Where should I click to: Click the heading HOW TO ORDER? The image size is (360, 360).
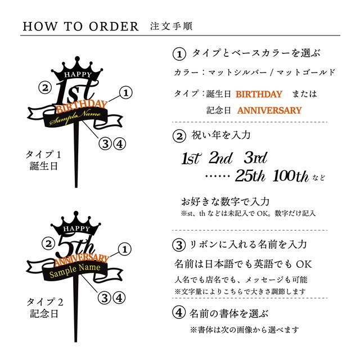(x=81, y=26)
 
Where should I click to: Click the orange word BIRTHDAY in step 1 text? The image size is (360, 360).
(x=259, y=94)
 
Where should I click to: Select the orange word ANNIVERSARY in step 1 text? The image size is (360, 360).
(x=269, y=110)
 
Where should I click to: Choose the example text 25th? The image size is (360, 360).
(x=250, y=176)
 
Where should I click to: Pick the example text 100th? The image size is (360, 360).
(x=290, y=177)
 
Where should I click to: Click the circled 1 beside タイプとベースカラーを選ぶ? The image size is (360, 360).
(x=178, y=54)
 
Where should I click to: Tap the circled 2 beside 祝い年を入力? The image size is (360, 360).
(x=178, y=136)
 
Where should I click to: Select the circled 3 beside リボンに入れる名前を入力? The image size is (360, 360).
(x=178, y=245)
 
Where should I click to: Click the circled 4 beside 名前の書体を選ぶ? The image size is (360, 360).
(x=178, y=313)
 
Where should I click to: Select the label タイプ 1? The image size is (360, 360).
(x=43, y=154)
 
